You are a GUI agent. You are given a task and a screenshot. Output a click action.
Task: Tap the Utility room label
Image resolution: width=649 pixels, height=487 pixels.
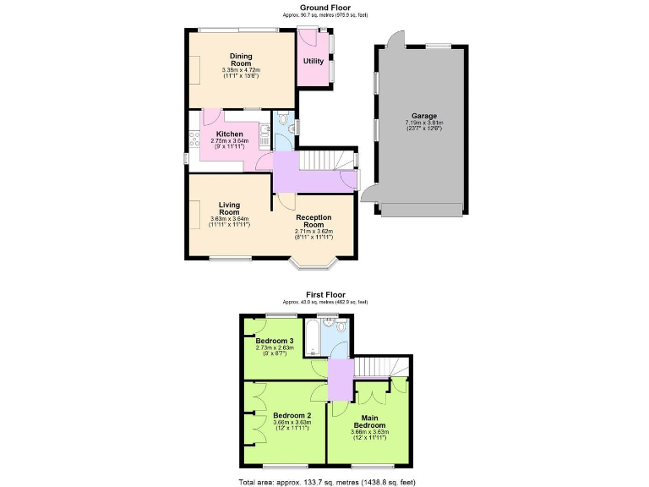[x=313, y=61]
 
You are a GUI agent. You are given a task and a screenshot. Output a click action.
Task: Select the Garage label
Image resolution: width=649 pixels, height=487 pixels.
[x=423, y=116]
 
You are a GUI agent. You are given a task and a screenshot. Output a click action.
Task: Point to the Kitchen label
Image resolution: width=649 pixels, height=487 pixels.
[x=229, y=134]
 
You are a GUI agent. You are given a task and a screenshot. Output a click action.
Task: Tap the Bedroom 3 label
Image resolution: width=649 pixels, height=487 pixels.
[x=274, y=341]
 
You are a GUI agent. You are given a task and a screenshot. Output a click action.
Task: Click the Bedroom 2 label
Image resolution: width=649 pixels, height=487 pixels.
[x=292, y=415]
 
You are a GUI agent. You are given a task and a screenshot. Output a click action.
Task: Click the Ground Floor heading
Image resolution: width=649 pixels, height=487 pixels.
[x=324, y=7]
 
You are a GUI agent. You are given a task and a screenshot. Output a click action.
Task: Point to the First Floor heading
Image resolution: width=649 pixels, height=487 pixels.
[x=324, y=295]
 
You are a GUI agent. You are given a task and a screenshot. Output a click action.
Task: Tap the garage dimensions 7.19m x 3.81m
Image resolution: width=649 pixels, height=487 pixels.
[x=423, y=123]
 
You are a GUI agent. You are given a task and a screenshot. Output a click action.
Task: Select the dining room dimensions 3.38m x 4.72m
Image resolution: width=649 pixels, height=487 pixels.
[x=241, y=70]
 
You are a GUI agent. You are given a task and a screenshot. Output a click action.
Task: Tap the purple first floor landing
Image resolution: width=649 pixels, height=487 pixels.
[x=340, y=378]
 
